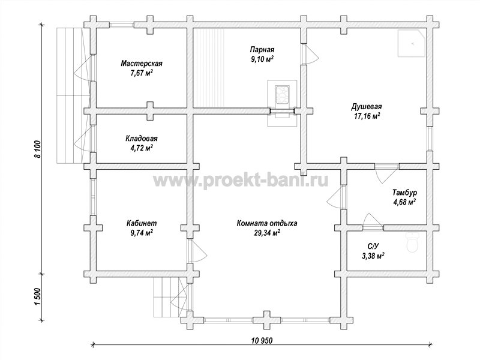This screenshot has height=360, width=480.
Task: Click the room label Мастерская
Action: (142, 64)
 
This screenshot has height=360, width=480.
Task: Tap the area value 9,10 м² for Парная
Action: (262, 59)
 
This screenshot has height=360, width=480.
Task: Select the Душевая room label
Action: (366, 107)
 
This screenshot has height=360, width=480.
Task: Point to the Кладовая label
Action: (142, 139)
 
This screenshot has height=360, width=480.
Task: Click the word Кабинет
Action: (142, 223)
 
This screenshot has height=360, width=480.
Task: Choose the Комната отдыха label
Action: (266, 223)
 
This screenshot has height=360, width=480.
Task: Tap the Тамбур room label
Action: (404, 193)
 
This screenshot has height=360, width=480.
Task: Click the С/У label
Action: (373, 246)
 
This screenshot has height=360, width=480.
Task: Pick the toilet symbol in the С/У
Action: (413, 243)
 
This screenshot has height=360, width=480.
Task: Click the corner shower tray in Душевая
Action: (412, 43)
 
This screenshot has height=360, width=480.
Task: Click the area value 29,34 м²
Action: (266, 233)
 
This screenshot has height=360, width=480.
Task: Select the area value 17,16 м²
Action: (366, 116)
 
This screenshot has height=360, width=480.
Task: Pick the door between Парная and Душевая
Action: (310, 54)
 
